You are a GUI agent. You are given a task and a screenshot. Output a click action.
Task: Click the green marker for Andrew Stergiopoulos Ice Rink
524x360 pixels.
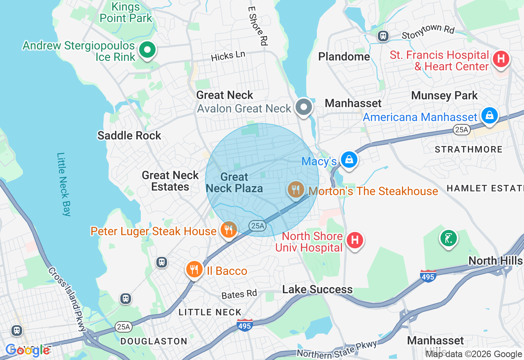[147, 50]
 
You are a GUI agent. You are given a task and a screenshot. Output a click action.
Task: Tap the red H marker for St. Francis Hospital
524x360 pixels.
[501, 59]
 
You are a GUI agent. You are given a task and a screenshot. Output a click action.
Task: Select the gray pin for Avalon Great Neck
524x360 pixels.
[303, 107]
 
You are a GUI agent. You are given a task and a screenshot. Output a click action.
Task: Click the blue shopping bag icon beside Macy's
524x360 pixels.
[349, 160]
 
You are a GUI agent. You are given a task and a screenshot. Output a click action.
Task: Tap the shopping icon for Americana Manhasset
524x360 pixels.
[489, 116]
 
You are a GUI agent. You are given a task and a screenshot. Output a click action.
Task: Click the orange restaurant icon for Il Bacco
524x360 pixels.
[194, 270]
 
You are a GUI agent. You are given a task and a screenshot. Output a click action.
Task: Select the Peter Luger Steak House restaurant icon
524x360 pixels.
[228, 230]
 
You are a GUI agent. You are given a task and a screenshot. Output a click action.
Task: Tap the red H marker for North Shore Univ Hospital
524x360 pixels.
[355, 240]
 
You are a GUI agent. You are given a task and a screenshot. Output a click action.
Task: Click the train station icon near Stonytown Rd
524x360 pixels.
[383, 36]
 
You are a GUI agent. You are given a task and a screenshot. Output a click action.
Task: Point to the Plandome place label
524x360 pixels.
[344, 56]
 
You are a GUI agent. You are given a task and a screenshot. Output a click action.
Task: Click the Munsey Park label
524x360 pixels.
[444, 96]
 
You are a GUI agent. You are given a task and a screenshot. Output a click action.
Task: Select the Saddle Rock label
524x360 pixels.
[129, 135]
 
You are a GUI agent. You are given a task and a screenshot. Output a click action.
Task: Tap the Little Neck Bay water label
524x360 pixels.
[64, 184]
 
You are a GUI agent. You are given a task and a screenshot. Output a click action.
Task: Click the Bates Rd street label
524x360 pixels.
[239, 294]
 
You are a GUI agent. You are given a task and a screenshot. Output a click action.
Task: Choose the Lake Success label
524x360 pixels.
[317, 290]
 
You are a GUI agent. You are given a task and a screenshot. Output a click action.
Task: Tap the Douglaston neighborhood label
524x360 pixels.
[154, 341]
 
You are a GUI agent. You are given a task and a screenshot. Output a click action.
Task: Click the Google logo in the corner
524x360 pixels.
[28, 350]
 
